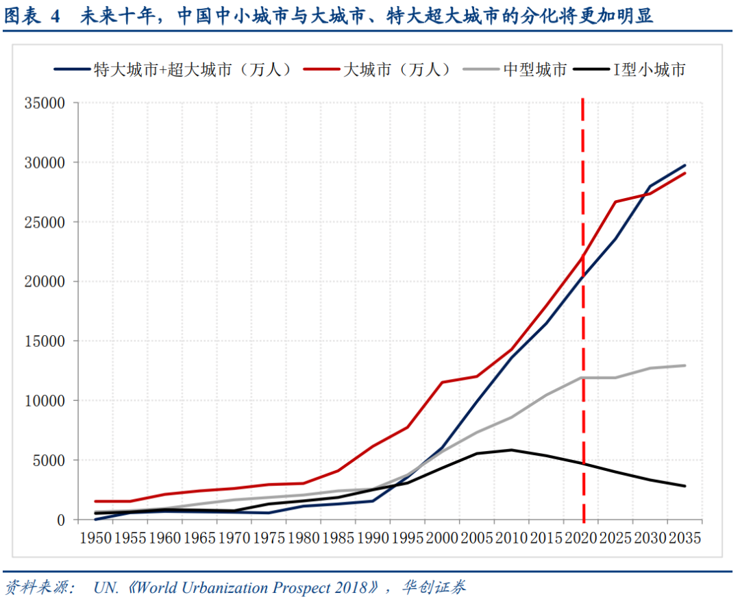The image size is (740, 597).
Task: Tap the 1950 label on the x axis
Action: (96, 538)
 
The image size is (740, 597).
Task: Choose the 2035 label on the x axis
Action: (684, 538)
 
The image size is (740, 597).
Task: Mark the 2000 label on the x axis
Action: (442, 538)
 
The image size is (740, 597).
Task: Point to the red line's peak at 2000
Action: (442, 382)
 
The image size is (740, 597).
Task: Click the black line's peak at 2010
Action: (511, 450)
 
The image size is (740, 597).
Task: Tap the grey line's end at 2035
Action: (684, 365)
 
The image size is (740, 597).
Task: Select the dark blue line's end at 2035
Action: (684, 165)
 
